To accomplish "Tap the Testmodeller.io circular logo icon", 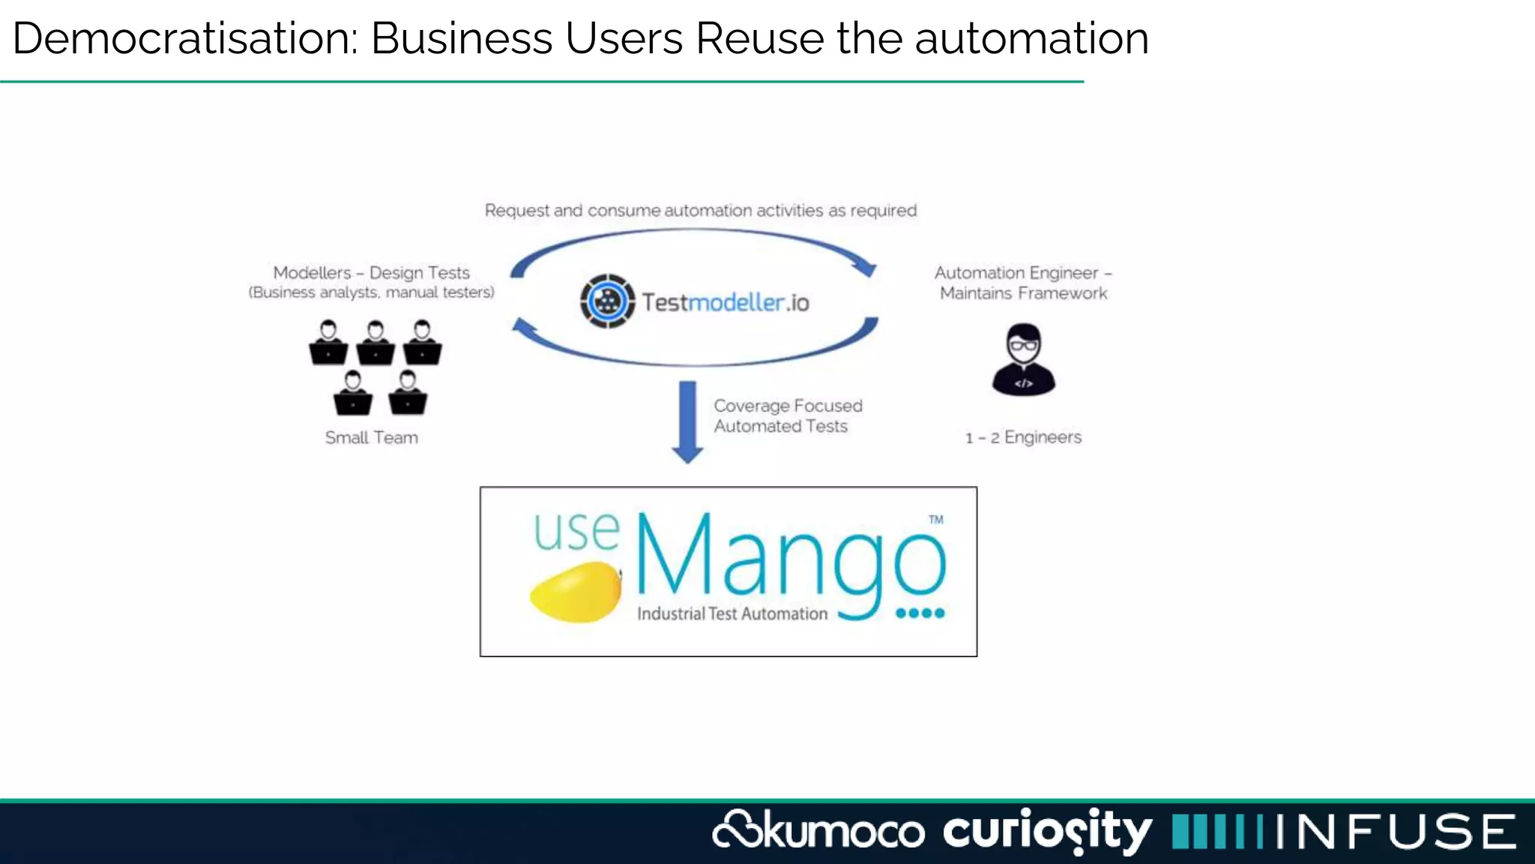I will [607, 301].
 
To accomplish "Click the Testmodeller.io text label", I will [725, 302].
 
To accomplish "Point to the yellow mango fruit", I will [576, 592].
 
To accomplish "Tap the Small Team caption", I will [372, 437].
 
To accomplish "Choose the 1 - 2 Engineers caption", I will [1023, 437].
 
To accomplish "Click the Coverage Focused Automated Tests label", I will [787, 415].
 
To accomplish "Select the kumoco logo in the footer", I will [818, 831].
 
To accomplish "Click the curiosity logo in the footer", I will [1047, 831].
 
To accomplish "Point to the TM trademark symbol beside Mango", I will [936, 519].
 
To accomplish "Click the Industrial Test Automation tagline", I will [732, 613].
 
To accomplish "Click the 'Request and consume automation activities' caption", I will [700, 210].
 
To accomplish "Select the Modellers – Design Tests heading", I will [371, 272].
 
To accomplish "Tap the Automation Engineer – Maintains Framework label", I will [1023, 283].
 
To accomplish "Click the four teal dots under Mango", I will [920, 613].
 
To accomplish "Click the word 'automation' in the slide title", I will [1031, 38].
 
